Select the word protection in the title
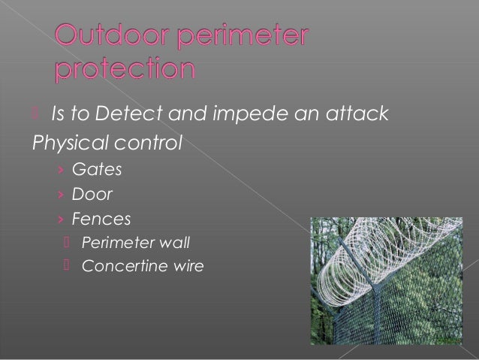pyautogui.click(x=125, y=71)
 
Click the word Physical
pyautogui.click(x=65, y=143)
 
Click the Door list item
pyautogui.click(x=92, y=194)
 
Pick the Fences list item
pyautogui.click(x=101, y=219)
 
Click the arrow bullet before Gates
pyautogui.click(x=62, y=169)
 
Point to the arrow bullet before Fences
pyautogui.click(x=62, y=219)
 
